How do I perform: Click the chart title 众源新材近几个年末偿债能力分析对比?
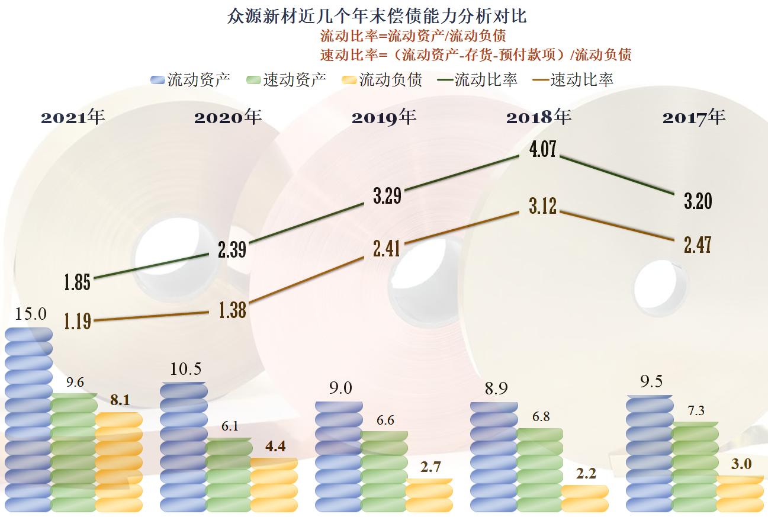point(377,15)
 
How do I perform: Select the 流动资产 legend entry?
point(191,79)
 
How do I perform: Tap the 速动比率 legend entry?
point(574,79)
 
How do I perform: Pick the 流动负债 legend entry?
point(383,79)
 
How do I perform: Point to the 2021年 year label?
point(72,117)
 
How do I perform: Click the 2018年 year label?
point(538,117)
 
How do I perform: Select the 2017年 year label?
point(693,117)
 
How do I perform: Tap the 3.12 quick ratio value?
point(542,205)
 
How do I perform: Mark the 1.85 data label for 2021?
point(78,282)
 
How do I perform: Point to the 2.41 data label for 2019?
point(386,248)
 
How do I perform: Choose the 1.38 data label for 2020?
point(232,310)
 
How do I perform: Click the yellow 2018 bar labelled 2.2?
point(584,498)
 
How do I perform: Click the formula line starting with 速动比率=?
point(475,55)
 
